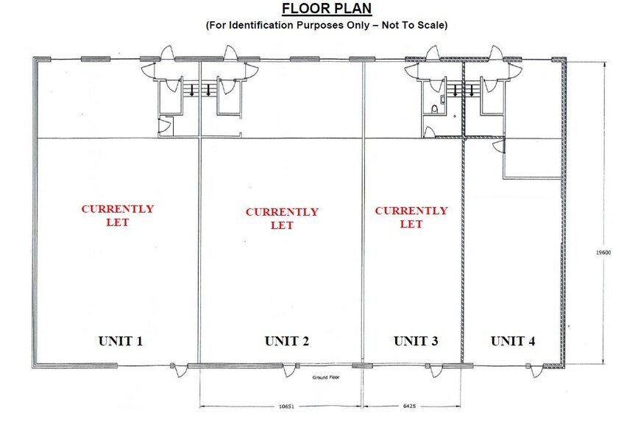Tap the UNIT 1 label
coord(121,341)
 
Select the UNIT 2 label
coord(286,341)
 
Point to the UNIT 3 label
coord(416,341)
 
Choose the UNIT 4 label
coord(513,341)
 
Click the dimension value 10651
coord(287,405)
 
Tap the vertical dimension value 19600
coord(603,252)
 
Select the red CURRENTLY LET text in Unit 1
coord(118,215)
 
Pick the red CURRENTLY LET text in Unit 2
coord(282,219)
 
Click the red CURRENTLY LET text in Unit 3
coord(411,217)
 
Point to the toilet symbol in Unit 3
coord(435,110)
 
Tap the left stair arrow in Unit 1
coord(192,91)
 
